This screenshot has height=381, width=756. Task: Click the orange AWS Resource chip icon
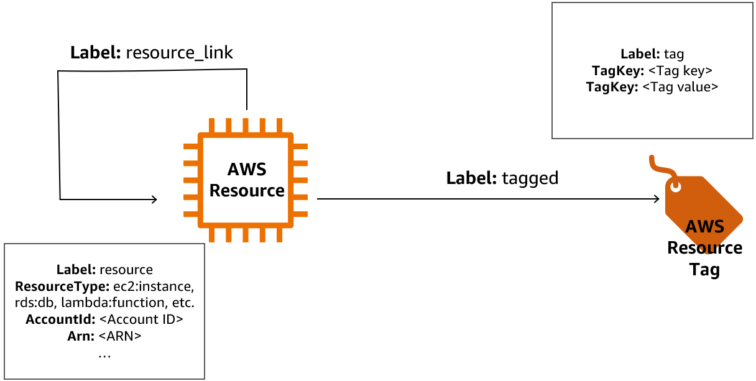246,179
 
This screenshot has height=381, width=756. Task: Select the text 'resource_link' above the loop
179,53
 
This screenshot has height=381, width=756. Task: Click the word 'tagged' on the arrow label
530,178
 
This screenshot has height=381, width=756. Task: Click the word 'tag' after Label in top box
674,55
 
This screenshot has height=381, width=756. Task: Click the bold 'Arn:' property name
81,336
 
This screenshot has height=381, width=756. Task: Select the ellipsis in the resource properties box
104,354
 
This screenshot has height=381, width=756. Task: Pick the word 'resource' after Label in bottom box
126,270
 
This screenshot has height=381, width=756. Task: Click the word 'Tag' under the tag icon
704,270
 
